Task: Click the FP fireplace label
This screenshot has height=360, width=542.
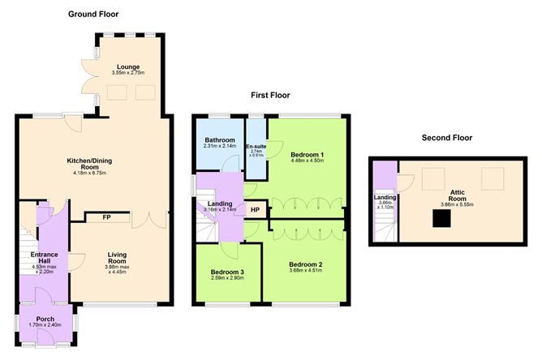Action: click(106, 217)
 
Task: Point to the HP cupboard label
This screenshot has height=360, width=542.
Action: click(256, 210)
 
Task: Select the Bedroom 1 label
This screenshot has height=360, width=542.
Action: click(309, 154)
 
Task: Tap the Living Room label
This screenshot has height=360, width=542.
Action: click(118, 256)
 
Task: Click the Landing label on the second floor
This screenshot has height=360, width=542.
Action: click(384, 197)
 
